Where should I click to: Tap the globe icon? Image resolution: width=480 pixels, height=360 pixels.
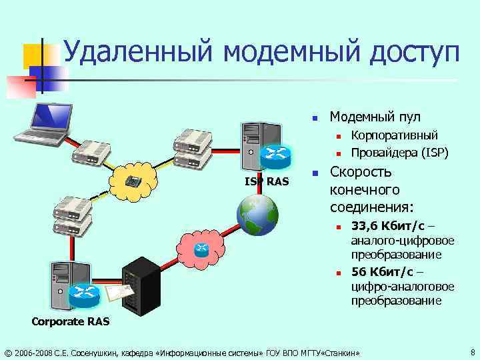click(x=257, y=215)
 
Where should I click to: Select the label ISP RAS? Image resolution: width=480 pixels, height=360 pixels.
click(x=264, y=181)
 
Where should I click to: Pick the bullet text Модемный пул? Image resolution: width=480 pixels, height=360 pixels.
click(x=375, y=117)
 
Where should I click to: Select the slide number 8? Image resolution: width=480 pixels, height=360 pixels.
click(x=472, y=351)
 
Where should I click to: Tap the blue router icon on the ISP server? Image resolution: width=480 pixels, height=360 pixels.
click(x=275, y=156)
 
